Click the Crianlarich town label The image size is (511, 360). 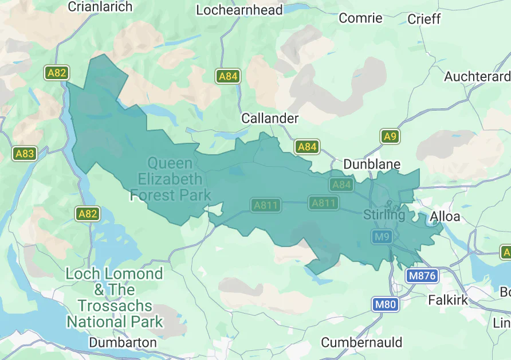[100, 7]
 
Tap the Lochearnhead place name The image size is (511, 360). [239, 10]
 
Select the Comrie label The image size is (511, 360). [360, 18]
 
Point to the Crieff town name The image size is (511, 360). [424, 19]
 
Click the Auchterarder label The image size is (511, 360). [477, 76]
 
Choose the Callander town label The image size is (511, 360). [270, 118]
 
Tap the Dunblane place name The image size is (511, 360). [372, 165]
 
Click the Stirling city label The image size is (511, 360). [384, 215]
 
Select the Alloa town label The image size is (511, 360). [445, 216]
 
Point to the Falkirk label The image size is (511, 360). [448, 300]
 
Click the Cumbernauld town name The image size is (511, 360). [361, 342]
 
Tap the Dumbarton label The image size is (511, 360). [123, 342]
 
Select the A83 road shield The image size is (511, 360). [25, 154]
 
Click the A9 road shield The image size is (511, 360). [390, 136]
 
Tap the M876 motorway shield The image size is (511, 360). [422, 276]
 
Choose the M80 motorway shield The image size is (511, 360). [385, 304]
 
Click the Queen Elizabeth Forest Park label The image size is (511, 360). [171, 179]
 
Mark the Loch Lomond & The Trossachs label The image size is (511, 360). [115, 298]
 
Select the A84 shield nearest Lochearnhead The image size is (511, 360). [227, 76]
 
